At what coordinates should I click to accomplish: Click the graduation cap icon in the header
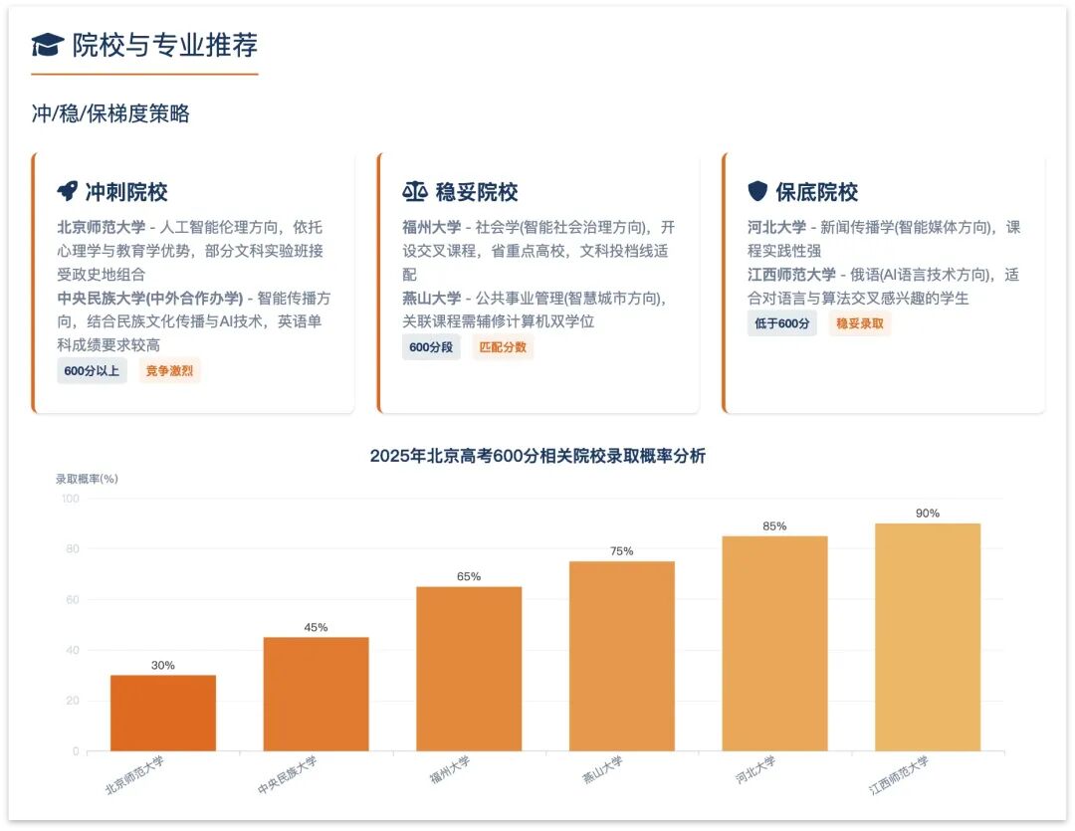pos(48,45)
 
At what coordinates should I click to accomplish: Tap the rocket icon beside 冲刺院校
pos(68,191)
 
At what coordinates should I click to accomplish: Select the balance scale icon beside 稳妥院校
pos(415,191)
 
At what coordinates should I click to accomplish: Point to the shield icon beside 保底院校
pos(757,191)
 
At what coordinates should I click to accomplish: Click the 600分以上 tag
pos(92,371)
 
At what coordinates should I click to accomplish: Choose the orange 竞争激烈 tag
pos(169,371)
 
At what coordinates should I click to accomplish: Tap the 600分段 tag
pos(431,347)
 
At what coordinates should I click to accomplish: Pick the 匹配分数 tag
pos(503,347)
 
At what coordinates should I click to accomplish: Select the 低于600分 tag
pos(782,322)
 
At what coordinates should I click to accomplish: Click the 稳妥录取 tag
pos(860,322)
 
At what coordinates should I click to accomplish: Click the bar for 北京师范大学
pos(163,714)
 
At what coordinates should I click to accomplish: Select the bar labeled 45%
pos(317,694)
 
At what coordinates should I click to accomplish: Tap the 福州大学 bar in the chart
pos(469,669)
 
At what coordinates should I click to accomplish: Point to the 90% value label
pos(928,514)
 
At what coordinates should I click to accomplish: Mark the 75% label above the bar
pos(622,551)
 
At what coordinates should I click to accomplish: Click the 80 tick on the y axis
pos(73,549)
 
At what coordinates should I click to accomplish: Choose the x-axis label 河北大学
pos(755,770)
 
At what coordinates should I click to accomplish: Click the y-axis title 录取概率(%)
pos(87,479)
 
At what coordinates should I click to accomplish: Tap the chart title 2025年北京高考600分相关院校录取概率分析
pos(537,456)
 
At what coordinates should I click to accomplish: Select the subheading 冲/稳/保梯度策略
pos(110,113)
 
